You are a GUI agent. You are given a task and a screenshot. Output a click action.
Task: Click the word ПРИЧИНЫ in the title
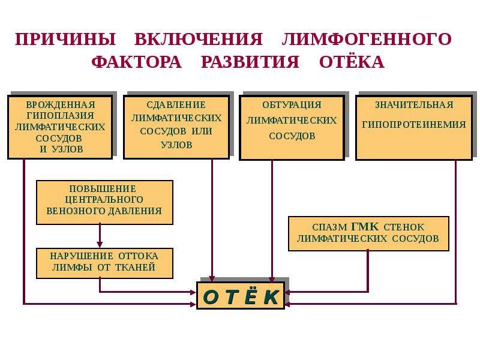pos(65,39)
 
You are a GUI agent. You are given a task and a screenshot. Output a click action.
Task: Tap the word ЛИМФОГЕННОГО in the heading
pos(367,39)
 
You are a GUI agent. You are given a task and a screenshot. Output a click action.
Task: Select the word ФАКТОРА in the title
pos(137,62)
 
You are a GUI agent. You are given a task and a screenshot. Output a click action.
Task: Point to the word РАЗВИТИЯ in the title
pos(250,62)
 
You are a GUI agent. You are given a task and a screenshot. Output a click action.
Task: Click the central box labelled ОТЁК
pos(241,295)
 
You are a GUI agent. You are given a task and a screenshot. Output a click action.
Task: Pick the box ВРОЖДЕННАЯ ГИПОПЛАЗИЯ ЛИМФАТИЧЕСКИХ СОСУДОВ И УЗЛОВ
pos(60,127)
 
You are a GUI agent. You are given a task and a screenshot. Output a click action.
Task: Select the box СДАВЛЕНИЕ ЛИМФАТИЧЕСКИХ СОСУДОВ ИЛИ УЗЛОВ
pos(176,127)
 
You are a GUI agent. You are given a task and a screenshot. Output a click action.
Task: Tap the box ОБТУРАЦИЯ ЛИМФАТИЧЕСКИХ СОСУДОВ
pos(292,128)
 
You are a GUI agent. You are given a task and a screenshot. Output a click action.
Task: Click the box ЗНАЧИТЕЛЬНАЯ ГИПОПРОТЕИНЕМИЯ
pos(414,128)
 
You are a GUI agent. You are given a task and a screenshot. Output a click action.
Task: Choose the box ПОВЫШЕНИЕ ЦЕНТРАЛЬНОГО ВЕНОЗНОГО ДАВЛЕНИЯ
pos(104,202)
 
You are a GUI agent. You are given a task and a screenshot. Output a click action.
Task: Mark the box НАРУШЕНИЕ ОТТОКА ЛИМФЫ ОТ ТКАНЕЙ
pos(104,263)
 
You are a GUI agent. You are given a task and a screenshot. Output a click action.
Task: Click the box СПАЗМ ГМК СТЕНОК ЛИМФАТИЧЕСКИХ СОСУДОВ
pos(368,233)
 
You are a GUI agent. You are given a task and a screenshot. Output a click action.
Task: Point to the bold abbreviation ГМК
pos(365,227)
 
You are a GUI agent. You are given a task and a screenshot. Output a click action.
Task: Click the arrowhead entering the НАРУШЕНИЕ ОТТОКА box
pos(100,244)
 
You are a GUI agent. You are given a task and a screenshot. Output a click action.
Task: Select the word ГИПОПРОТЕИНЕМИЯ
pos(414,125)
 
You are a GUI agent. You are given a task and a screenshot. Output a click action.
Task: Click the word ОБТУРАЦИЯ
pos(292,104)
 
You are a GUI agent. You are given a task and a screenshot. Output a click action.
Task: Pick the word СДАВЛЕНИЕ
pos(176,104)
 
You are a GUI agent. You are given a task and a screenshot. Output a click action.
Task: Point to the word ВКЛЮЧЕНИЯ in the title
pos(199,39)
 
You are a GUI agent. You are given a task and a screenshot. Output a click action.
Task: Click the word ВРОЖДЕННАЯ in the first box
pos(61,104)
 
